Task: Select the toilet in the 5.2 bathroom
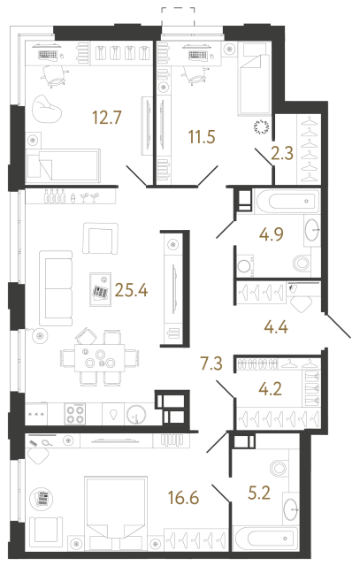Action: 282,469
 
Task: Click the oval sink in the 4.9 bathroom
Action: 316,232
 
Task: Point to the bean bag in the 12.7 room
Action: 44,111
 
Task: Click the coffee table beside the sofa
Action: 103,290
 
